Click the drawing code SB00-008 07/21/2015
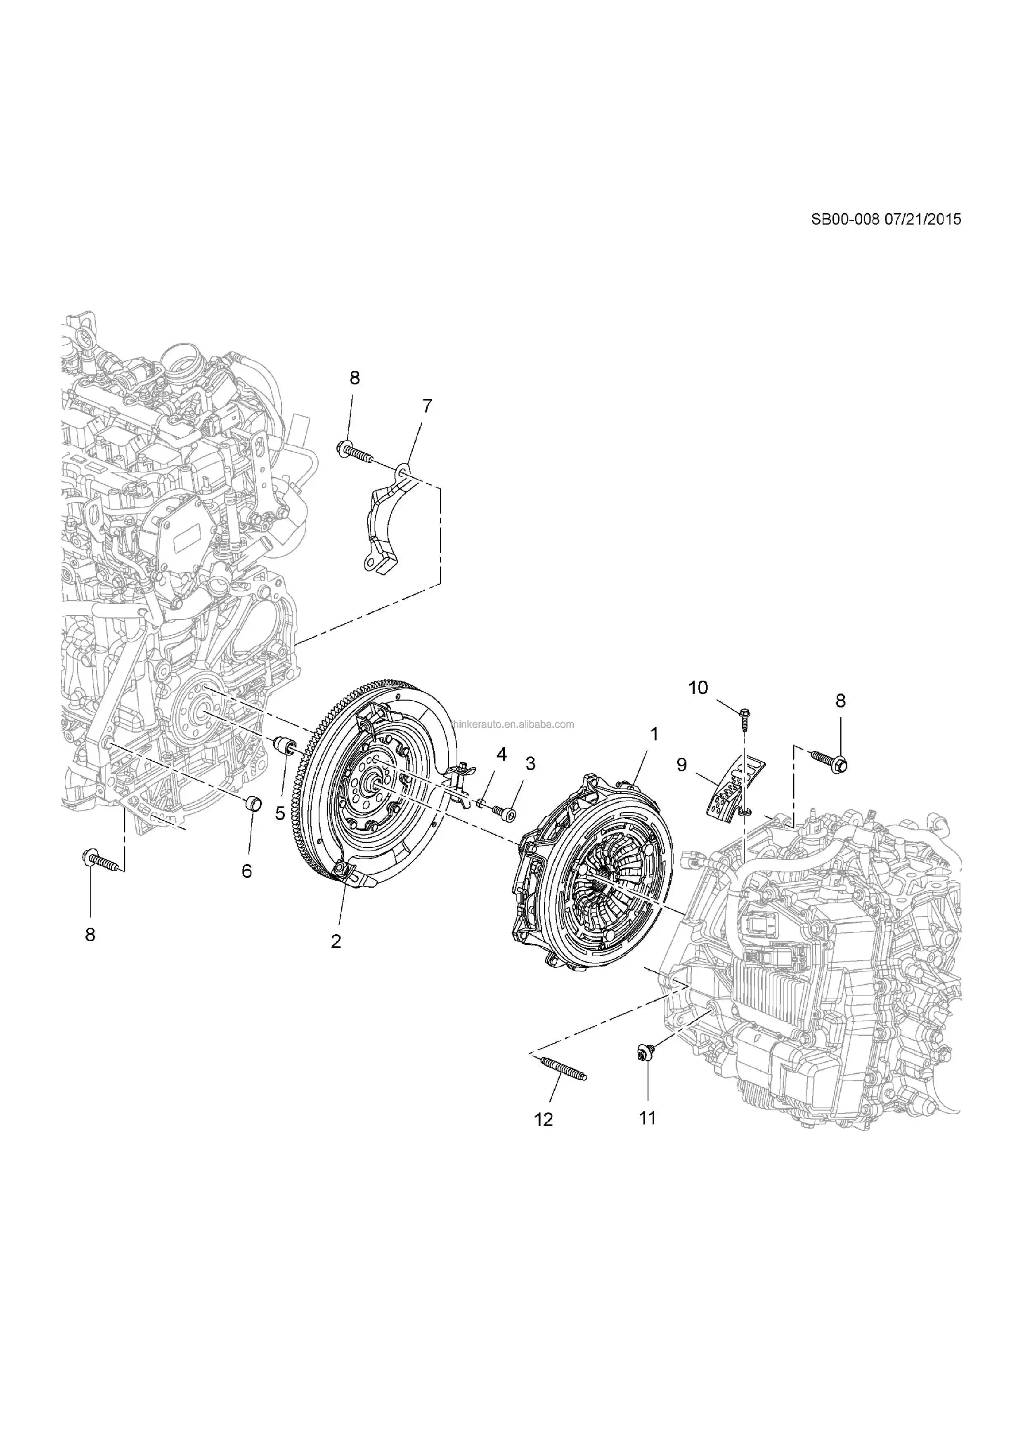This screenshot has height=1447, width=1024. coord(886,219)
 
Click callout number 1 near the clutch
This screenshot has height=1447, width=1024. coord(655,733)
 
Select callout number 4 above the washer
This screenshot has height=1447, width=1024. coord(501,754)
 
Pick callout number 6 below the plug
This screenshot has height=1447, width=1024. coord(246,871)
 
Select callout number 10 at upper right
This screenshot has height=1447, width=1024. coord(698,688)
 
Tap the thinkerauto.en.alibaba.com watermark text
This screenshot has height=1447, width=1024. coord(512,724)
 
